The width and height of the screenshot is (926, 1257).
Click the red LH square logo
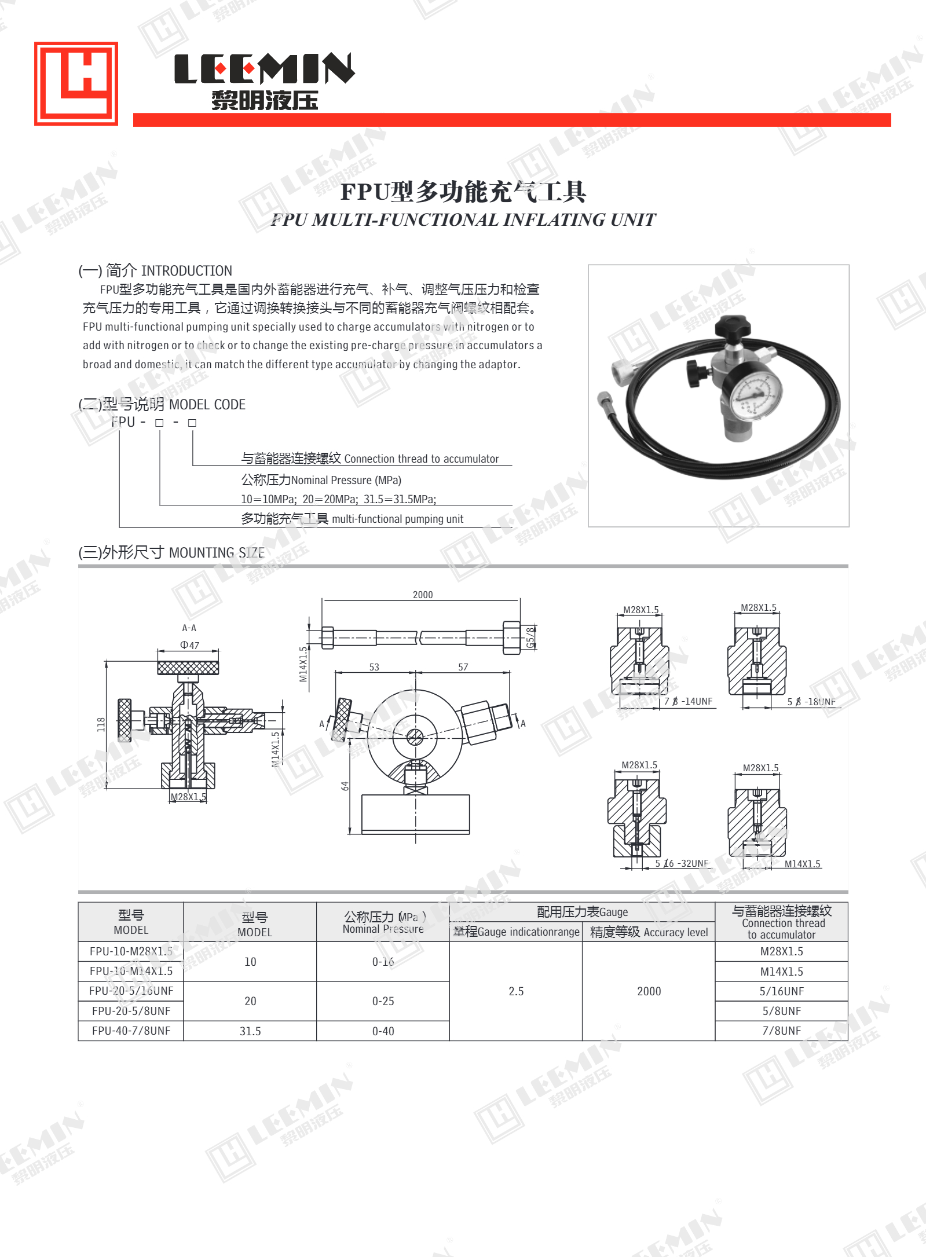[x=76, y=83]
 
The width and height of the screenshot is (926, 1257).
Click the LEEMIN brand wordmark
[x=264, y=69]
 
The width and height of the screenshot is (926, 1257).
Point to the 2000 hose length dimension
[x=422, y=595]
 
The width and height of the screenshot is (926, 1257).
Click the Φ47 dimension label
[x=189, y=645]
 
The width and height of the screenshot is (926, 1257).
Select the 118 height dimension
[x=101, y=724]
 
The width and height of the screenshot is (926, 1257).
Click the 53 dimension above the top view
[x=374, y=667]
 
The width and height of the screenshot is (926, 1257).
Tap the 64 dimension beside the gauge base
[x=345, y=786]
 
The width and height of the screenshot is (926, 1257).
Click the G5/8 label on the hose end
[x=530, y=637]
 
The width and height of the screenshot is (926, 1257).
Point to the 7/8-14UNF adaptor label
[x=688, y=701]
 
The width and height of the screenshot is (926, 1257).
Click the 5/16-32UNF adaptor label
[x=682, y=863]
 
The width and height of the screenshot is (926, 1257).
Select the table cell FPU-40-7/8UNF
[x=131, y=1031]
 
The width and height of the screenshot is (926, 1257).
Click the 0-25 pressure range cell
[x=383, y=1001]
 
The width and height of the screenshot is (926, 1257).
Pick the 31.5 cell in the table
[x=250, y=1031]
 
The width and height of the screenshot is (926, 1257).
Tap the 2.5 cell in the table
[x=515, y=991]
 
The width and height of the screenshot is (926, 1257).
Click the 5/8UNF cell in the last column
[x=781, y=1011]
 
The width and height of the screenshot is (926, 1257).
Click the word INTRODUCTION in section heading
[x=186, y=271]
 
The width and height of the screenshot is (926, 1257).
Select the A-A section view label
[x=189, y=628]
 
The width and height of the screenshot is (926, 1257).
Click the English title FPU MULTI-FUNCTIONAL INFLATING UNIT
[x=463, y=220]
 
